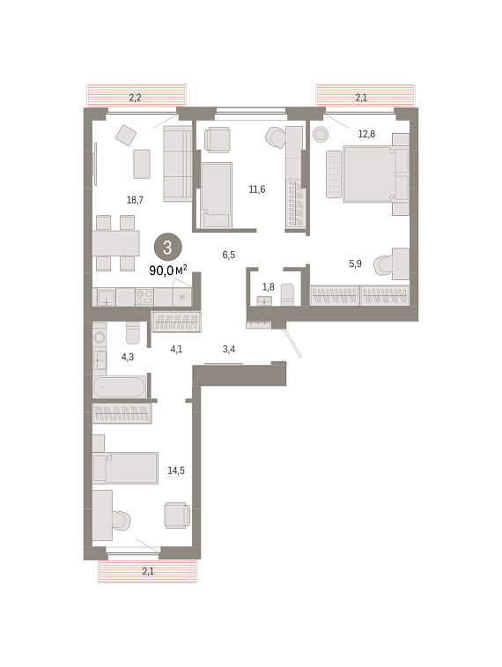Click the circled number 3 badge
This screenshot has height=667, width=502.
[x=167, y=247]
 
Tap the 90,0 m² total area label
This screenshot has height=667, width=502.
[x=168, y=270]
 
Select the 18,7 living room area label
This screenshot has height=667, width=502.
[x=135, y=199]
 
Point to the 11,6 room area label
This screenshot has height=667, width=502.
[x=257, y=189]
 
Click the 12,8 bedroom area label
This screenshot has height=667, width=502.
[x=366, y=134]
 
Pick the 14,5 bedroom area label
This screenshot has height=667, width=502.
[x=176, y=471]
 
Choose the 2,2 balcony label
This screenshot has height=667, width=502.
[x=135, y=98]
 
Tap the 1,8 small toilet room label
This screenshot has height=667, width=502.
[x=269, y=287]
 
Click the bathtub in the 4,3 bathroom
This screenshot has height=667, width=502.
[x=120, y=387]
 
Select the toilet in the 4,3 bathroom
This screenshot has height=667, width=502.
[x=133, y=332]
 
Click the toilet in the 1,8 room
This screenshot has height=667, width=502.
[x=287, y=294]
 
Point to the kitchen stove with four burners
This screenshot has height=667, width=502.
[x=144, y=296]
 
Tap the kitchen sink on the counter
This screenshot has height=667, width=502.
[x=106, y=296]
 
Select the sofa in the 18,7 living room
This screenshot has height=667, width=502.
[x=178, y=163]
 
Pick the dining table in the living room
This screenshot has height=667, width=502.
[x=116, y=243]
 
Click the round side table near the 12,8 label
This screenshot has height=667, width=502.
[x=321, y=134]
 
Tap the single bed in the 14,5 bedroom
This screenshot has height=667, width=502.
[x=126, y=468]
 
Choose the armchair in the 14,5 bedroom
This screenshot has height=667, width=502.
[x=177, y=515]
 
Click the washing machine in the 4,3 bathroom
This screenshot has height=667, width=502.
[x=100, y=337]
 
